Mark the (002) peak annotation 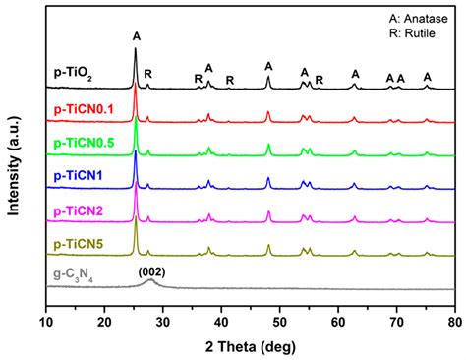tap(150, 270)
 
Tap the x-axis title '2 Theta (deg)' tap(251, 344)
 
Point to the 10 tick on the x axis tap(46, 320)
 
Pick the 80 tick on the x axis tap(454, 320)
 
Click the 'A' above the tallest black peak tap(136, 36)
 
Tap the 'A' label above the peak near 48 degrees tap(268, 66)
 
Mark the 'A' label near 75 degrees tap(427, 77)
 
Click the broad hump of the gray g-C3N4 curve tap(150, 281)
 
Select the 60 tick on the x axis tap(338, 320)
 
